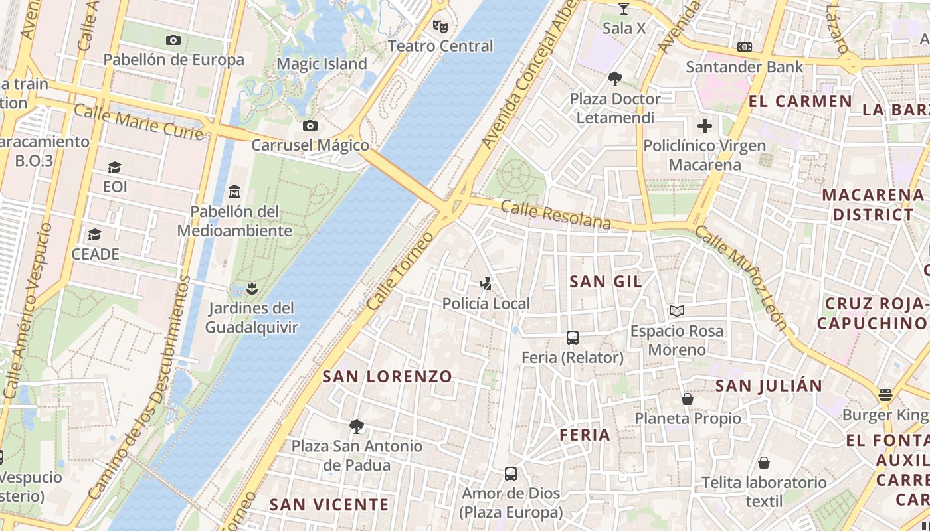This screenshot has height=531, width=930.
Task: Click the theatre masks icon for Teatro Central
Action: [x=439, y=26]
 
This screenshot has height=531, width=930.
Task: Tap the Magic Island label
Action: [x=322, y=64]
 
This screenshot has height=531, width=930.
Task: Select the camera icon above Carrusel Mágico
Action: [x=310, y=125]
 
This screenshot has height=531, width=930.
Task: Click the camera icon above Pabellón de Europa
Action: [x=173, y=40]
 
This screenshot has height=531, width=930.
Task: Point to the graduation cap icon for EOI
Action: [x=115, y=167]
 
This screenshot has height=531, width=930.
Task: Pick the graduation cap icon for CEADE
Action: [x=95, y=235]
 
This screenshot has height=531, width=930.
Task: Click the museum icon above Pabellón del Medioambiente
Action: [x=234, y=192]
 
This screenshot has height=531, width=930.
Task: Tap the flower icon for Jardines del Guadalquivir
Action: [x=251, y=288]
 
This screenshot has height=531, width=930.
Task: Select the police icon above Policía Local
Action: [x=486, y=284]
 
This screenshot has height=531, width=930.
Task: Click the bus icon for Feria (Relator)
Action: [x=573, y=337]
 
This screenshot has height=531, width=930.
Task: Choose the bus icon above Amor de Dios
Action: [x=510, y=473]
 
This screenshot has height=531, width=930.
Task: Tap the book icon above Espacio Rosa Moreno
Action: [x=677, y=311]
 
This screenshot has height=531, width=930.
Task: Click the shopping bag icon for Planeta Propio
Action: [x=688, y=399]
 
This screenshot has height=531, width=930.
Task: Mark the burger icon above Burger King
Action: [x=885, y=396]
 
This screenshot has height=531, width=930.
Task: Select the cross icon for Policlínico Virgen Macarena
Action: [x=705, y=125]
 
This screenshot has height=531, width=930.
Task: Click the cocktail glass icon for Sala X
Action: [x=623, y=9]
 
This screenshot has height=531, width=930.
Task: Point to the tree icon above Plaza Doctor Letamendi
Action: [x=615, y=79]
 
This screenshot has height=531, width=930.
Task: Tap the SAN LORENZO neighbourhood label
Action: [x=387, y=376]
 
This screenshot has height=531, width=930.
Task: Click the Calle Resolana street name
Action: [x=555, y=215]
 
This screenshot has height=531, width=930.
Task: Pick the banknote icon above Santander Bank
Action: [x=745, y=47]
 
